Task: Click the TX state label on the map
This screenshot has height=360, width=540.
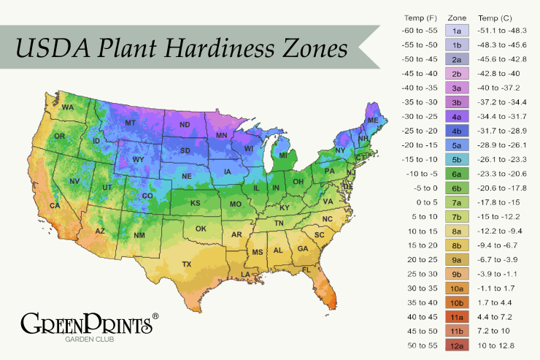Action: (186, 264)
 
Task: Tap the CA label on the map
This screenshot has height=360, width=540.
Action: (54, 206)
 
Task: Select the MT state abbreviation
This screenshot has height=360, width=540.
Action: (131, 123)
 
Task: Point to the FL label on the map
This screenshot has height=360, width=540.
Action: (306, 269)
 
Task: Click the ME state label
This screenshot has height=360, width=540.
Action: (372, 120)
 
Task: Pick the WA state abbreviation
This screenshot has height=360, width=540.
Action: (68, 107)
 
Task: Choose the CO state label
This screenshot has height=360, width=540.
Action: (147, 196)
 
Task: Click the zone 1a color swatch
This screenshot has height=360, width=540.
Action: (457, 31)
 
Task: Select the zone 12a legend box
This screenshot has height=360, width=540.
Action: (457, 345)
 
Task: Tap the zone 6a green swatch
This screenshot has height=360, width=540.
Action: (457, 174)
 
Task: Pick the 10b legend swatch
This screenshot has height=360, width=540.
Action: (457, 302)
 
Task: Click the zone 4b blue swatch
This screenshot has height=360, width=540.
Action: (457, 131)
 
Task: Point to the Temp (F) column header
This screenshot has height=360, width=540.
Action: (419, 17)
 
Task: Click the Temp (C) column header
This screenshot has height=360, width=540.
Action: (495, 17)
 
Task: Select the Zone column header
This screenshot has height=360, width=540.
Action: (457, 17)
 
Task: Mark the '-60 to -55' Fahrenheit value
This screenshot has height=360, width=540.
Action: (419, 31)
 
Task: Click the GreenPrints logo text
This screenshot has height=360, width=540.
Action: (87, 323)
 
